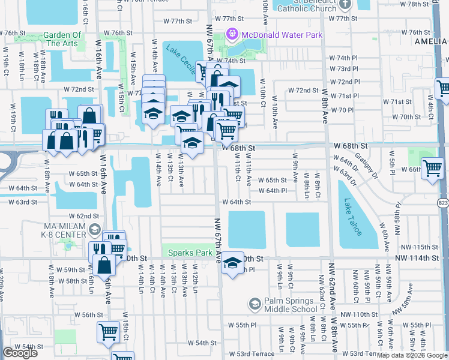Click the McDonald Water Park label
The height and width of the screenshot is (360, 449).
pyautogui.click(x=282, y=35)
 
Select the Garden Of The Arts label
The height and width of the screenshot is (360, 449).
pyautogui.click(x=63, y=39)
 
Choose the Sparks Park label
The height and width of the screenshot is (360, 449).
pyautogui.click(x=190, y=253)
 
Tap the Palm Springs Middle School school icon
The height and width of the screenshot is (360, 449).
pyautogui.click(x=255, y=305)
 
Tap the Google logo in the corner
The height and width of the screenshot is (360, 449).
pyautogui.click(x=20, y=353)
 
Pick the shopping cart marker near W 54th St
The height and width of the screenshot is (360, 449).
pyautogui.click(x=108, y=331)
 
